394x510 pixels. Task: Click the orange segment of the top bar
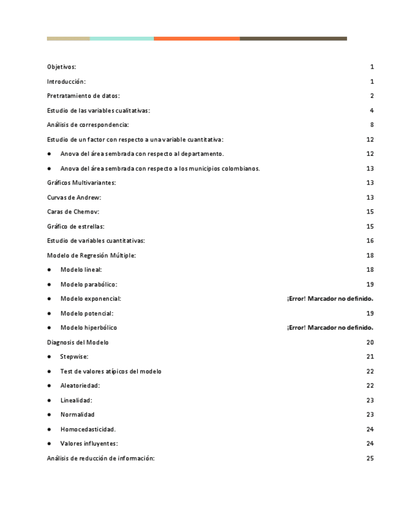(x=197, y=38)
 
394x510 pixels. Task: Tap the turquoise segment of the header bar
(x=122, y=38)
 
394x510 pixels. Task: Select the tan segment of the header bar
(x=68, y=38)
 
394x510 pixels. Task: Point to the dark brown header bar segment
(x=293, y=38)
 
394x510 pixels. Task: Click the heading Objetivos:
(x=61, y=67)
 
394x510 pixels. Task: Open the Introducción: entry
(x=66, y=81)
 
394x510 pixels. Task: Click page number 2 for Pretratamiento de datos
(x=372, y=96)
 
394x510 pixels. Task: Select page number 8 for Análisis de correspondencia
(x=372, y=125)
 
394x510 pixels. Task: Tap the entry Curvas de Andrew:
(x=74, y=197)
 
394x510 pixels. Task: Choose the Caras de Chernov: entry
(x=73, y=212)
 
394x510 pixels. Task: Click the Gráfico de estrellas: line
(x=76, y=226)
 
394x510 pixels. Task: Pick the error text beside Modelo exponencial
(x=330, y=299)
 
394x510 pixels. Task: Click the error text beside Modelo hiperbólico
(x=330, y=328)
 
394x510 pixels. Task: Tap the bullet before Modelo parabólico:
(x=49, y=284)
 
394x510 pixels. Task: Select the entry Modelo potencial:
(x=87, y=313)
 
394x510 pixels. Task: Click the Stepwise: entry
(x=74, y=357)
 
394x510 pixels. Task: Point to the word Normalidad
(x=77, y=414)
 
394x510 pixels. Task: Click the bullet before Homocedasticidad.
(x=49, y=429)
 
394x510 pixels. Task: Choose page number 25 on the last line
(x=370, y=458)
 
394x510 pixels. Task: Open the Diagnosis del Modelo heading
(x=78, y=342)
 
